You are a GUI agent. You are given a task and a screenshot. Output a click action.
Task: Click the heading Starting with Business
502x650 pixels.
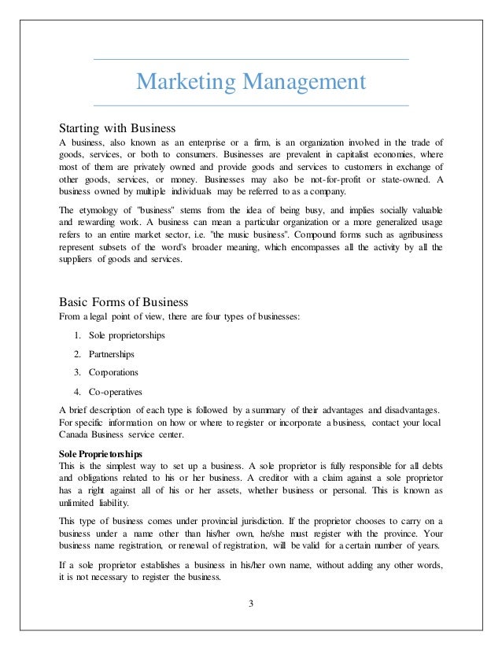click(117, 127)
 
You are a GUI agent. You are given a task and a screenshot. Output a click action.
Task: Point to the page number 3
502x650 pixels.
click(251, 604)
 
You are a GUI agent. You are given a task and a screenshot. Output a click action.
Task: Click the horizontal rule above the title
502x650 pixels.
click(251, 60)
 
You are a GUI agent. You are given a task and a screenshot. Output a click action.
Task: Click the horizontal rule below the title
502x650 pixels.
click(251, 105)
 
